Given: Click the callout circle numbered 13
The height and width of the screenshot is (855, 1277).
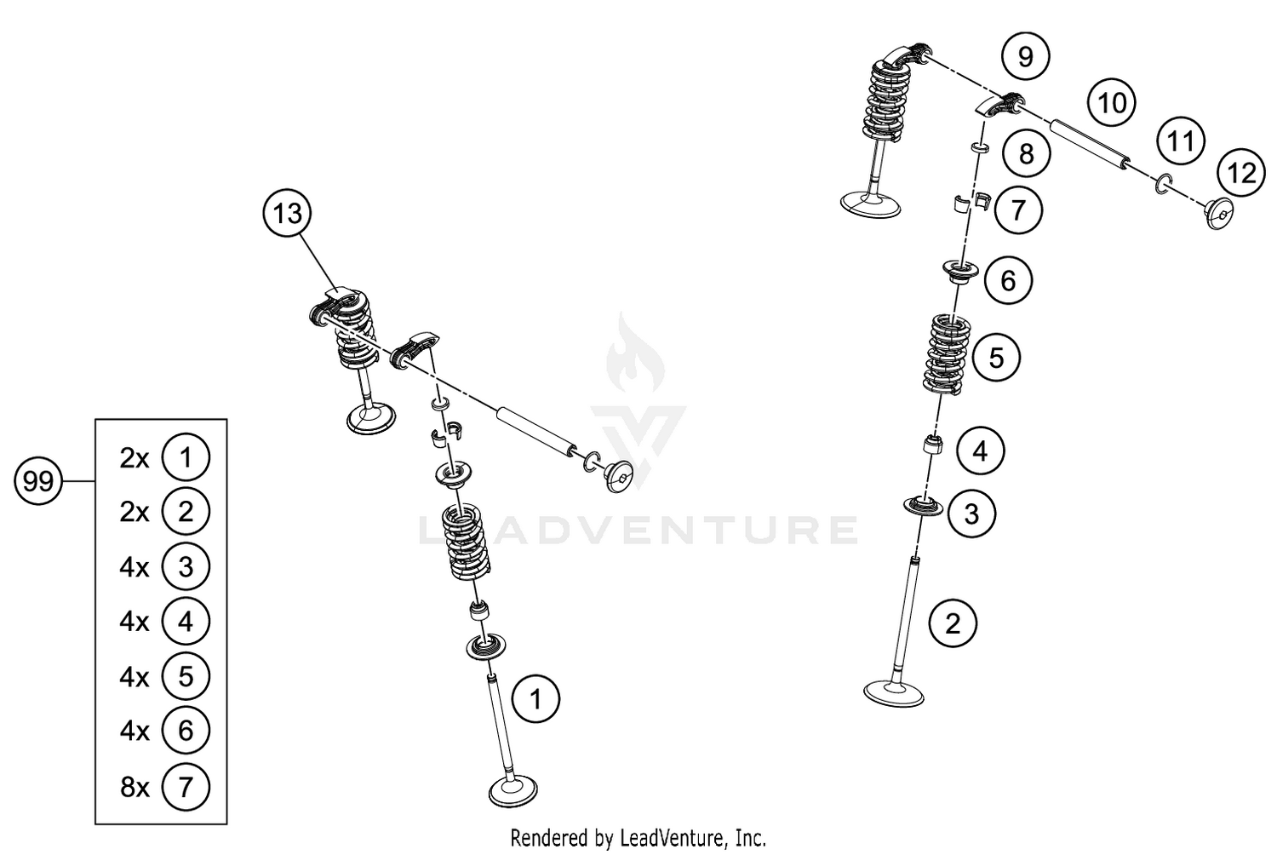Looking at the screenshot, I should [288, 213].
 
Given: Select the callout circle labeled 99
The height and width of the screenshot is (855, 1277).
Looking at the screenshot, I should [38, 482].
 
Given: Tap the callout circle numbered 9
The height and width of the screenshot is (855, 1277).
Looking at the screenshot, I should [1025, 56].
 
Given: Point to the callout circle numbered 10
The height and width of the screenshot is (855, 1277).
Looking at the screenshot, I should [1112, 103].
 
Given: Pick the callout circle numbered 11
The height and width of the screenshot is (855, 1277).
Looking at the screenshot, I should [1180, 141].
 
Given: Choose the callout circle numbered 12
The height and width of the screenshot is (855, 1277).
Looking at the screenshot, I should [1241, 174].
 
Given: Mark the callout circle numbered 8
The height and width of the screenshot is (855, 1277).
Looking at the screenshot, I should [1026, 154].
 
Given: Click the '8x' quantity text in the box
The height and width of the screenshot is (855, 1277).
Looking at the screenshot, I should [135, 787].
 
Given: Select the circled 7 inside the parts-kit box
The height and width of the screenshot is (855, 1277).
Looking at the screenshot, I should [186, 787].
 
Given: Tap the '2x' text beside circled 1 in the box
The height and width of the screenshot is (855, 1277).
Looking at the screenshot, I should [135, 458].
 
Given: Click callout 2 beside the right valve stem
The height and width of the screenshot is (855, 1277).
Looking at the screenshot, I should [953, 623].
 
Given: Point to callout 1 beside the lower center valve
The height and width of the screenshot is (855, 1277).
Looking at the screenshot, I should [535, 700].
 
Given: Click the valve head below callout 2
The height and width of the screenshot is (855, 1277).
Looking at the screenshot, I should [894, 691].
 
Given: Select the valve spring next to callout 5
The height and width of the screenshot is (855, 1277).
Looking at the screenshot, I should [945, 354].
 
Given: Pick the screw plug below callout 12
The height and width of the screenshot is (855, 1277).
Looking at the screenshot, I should [1219, 215].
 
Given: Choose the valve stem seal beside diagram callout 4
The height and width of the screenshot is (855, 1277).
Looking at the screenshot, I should [934, 445].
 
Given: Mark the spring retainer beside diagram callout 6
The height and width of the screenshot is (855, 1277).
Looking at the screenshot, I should [959, 273].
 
